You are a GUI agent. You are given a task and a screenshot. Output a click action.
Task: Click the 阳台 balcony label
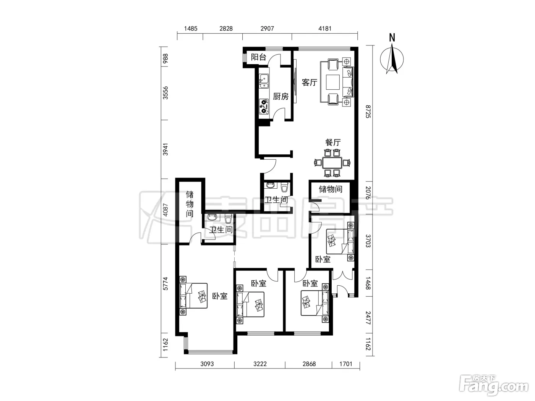click(x=258, y=57)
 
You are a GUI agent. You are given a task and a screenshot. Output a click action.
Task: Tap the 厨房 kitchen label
click(x=280, y=96)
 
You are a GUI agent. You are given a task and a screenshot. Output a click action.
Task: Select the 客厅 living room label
click(x=309, y=82)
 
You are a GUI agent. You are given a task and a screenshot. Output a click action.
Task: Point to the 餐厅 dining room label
click(x=333, y=142)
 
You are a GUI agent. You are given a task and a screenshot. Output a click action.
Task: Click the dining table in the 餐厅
click(x=332, y=163)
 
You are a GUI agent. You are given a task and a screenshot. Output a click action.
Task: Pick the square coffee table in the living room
click(x=333, y=82)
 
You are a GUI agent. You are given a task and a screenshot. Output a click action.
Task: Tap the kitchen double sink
click(x=264, y=81)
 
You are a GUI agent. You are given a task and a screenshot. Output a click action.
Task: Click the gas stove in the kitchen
click(x=264, y=107)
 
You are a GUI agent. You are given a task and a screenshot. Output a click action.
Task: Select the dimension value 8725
click(x=368, y=112)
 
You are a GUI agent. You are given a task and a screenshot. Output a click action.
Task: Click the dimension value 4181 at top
click(x=325, y=29)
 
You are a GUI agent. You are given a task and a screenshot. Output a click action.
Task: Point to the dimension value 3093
click(x=207, y=364)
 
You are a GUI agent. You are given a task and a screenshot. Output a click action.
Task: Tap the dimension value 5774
click(x=165, y=283)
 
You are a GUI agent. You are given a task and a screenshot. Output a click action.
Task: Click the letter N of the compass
click(x=392, y=38)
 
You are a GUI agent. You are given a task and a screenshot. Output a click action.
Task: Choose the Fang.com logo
click(x=493, y=386)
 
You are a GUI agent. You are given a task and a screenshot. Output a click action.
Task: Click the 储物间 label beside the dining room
click(x=330, y=189)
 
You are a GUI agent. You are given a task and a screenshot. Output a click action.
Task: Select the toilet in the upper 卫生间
click(x=284, y=187)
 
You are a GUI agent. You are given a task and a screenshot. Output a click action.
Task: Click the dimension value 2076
click(x=368, y=193)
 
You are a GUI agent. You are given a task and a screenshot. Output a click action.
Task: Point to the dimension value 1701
click(x=345, y=364)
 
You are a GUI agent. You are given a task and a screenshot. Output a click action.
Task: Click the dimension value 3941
click(x=165, y=149)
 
